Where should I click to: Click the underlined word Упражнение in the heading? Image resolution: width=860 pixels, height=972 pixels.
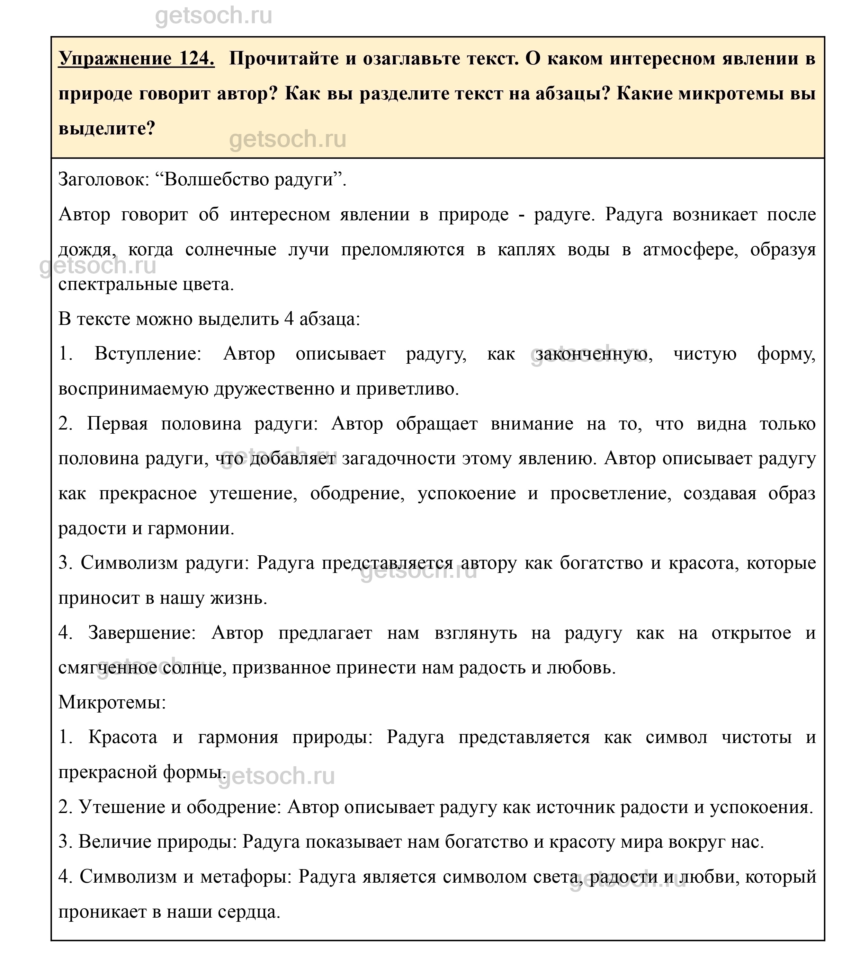(x=115, y=59)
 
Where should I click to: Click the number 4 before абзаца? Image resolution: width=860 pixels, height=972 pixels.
(x=288, y=319)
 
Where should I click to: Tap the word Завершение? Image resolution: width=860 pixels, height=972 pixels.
(x=142, y=634)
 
